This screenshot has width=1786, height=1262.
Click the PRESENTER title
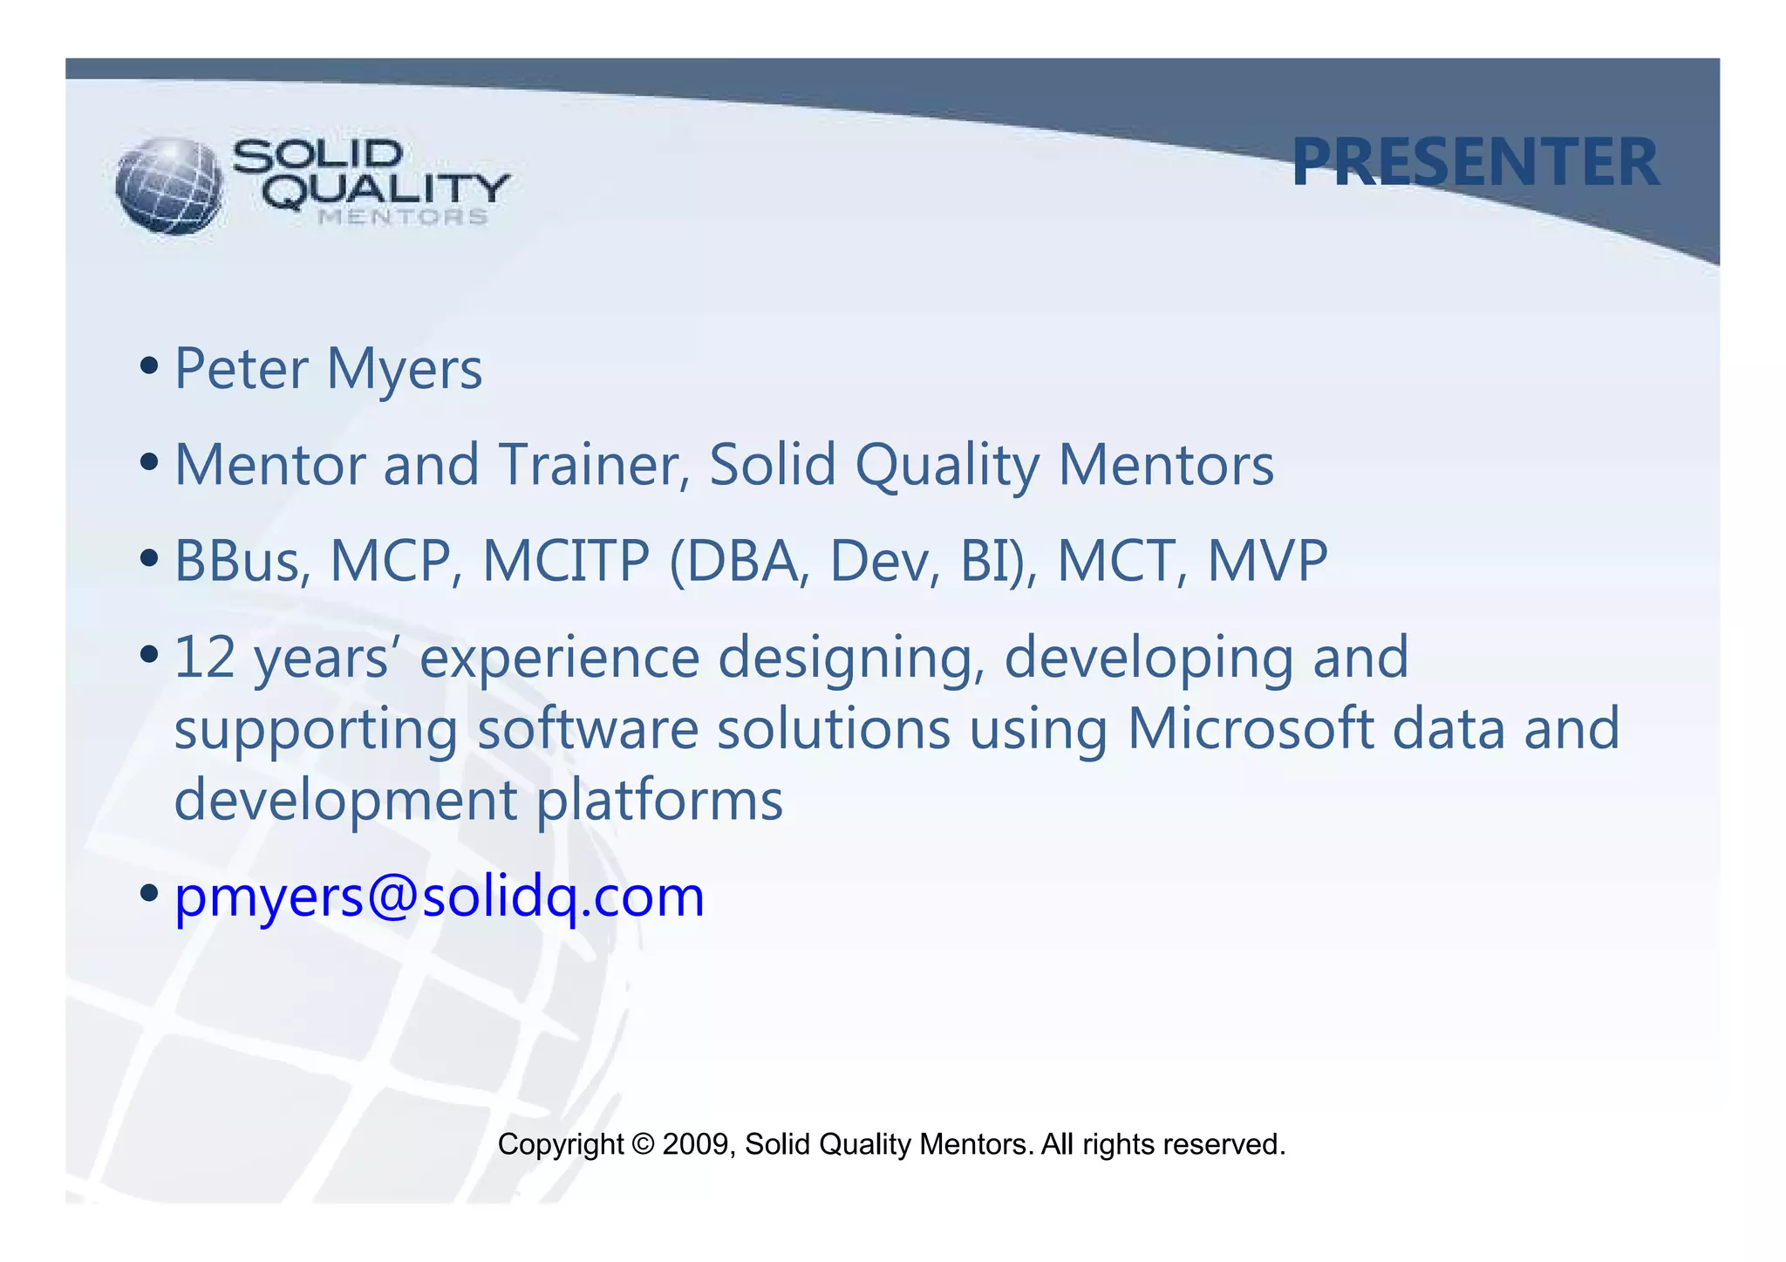pos(1475,163)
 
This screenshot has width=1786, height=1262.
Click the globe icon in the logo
pos(169,185)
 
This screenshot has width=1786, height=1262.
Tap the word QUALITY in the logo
pos(386,189)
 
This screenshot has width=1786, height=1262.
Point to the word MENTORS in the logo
pos(403,217)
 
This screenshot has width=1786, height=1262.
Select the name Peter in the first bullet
pos(242,369)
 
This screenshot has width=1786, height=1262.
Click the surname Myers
pos(404,371)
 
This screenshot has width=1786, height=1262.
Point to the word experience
pos(559,659)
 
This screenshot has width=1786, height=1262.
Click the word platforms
pos(659,802)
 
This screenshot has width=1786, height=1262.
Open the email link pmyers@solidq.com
pos(440,897)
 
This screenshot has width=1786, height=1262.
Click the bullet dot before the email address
pos(149,893)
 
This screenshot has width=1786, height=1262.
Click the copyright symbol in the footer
pos(644,1144)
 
